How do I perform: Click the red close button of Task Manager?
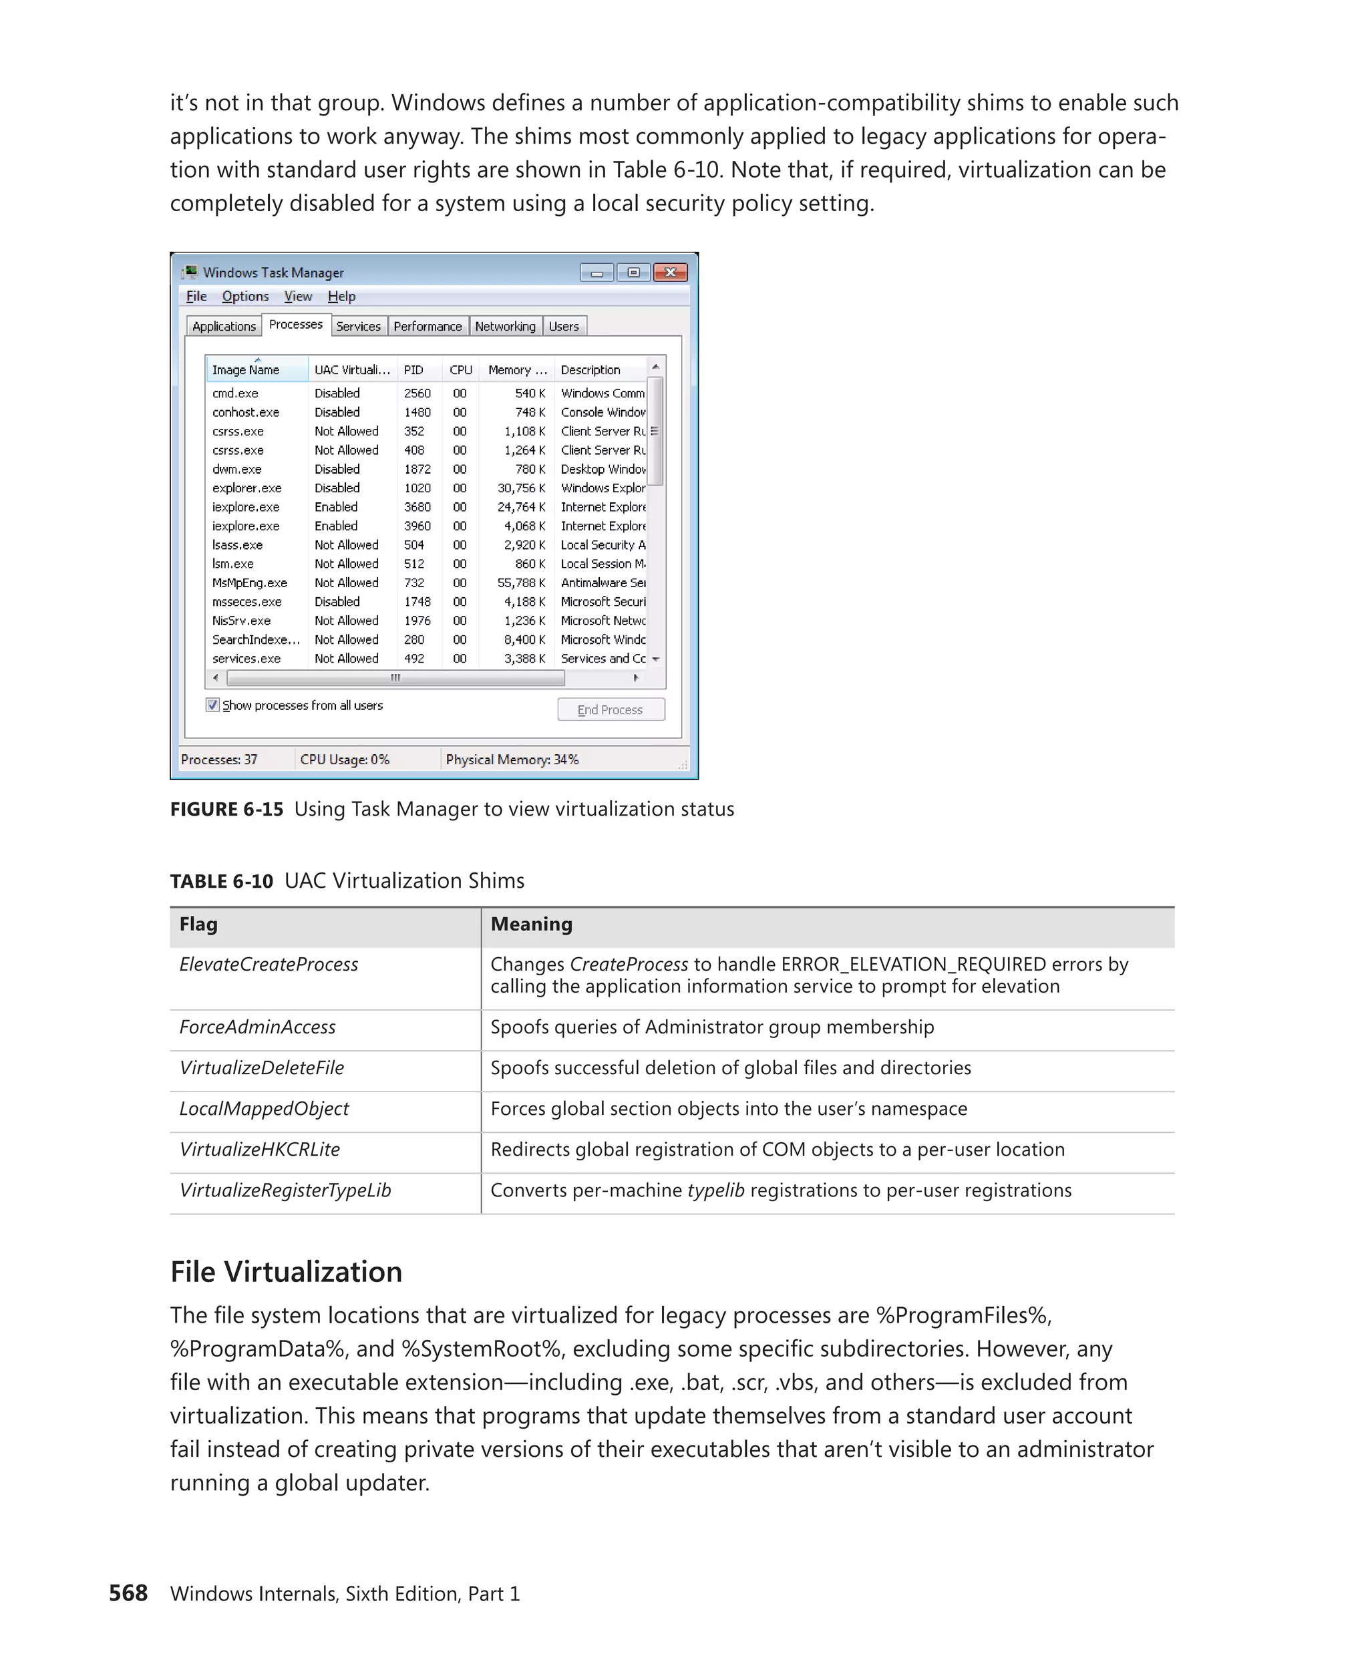(670, 273)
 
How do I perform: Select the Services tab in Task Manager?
(358, 326)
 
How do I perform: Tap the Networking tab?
(504, 326)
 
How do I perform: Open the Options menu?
(245, 297)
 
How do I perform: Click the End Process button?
(610, 710)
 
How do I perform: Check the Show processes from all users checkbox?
(212, 705)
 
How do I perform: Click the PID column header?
(413, 369)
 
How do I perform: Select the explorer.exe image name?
(246, 488)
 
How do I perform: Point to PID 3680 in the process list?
(417, 507)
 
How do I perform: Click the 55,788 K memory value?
(521, 582)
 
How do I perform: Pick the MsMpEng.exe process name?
(249, 582)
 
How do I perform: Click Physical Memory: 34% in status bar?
(512, 760)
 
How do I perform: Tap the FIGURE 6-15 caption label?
(226, 810)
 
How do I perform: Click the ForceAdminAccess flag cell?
(258, 1027)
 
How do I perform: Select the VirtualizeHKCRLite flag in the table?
(260, 1149)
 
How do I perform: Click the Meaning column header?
(531, 925)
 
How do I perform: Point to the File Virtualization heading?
(286, 1272)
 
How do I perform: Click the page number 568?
(128, 1593)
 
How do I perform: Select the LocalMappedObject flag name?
(264, 1108)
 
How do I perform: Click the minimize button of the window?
(596, 273)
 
